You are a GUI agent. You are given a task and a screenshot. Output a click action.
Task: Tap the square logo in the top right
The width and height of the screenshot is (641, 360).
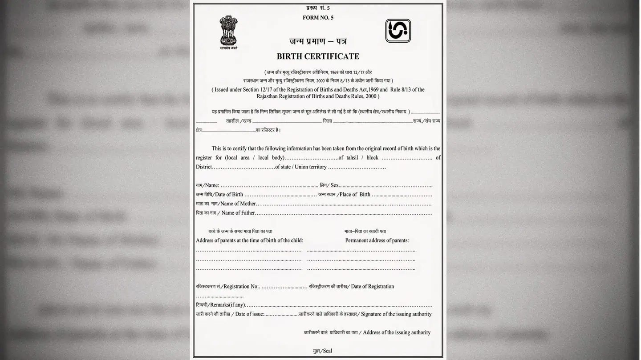pos(398,31)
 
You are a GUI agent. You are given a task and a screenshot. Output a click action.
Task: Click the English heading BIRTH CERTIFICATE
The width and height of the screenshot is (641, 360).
pos(318,56)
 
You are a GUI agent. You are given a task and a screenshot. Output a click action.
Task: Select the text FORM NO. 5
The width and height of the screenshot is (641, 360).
pos(318,18)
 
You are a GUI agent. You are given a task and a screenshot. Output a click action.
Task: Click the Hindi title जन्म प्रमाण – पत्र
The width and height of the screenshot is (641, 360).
pos(318,41)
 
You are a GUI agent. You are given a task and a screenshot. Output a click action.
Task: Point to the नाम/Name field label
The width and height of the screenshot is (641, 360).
pos(207,185)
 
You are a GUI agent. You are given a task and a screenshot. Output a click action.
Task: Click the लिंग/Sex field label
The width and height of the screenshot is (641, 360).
pos(329,185)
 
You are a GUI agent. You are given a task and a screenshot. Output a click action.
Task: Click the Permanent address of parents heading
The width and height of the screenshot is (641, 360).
pos(377,240)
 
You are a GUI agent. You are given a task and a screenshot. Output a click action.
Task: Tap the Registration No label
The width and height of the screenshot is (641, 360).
pos(227,287)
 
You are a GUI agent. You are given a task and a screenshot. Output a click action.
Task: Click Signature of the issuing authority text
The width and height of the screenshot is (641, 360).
pos(396,314)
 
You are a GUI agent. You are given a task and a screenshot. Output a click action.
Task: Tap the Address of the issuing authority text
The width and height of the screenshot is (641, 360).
pos(396,332)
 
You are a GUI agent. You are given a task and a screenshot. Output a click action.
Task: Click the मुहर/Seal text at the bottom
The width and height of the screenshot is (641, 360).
pos(323,351)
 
